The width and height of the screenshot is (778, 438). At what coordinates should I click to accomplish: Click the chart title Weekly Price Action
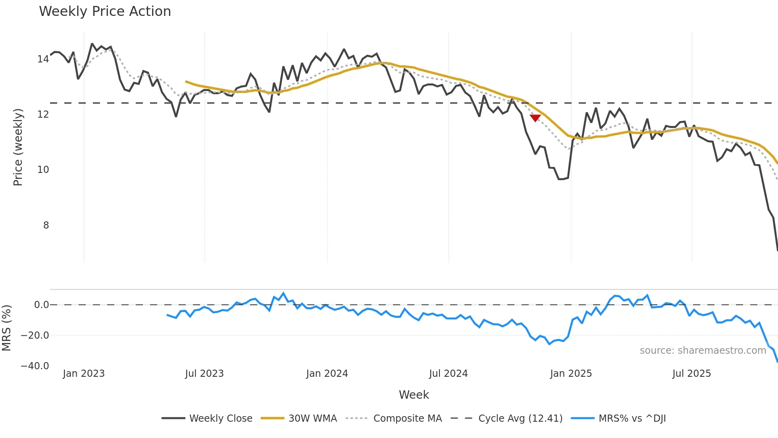coord(105,12)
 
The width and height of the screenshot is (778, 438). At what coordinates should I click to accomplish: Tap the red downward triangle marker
coord(535,118)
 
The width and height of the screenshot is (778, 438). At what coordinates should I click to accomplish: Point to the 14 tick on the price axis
coord(43,59)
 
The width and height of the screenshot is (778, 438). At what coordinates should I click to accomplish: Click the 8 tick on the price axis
coord(46,225)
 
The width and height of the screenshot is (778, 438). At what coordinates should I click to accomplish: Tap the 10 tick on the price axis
coord(43,170)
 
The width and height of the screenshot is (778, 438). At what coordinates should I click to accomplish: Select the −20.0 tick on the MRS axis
coord(35,335)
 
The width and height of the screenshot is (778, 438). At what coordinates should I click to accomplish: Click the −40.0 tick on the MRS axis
coord(35,366)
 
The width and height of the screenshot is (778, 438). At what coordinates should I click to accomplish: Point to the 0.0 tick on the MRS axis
coord(41,305)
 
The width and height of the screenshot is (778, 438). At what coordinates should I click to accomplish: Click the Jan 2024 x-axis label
coord(327,374)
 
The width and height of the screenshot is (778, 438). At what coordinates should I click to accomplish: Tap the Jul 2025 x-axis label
coord(691,374)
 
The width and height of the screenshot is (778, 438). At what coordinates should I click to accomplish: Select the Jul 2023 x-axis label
coord(204,374)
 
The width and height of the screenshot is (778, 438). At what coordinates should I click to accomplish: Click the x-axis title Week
coord(414,395)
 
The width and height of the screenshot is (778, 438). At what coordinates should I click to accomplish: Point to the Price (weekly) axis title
coord(18,147)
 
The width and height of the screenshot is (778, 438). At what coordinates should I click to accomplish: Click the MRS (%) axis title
coord(6,328)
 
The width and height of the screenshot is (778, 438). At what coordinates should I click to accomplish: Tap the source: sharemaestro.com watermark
coord(703,351)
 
